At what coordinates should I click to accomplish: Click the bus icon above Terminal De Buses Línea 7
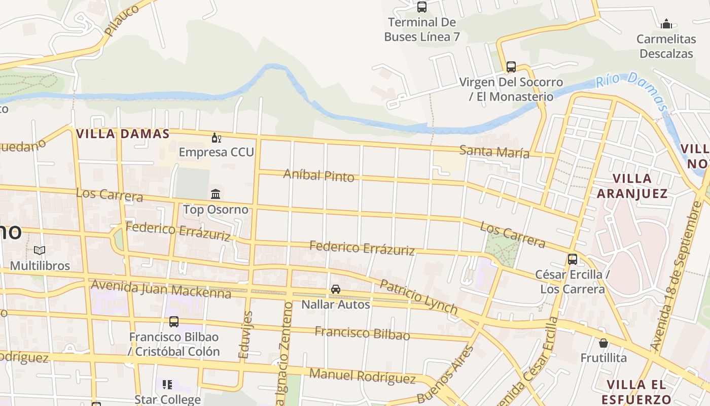click(421, 7)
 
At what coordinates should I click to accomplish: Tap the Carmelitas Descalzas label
click(666, 46)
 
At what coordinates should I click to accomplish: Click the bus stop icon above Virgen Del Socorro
click(511, 67)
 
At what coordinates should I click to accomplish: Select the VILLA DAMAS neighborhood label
click(122, 134)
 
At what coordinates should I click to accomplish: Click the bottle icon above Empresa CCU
click(216, 138)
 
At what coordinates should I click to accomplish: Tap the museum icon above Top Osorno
click(216, 194)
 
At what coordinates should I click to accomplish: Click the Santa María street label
click(494, 151)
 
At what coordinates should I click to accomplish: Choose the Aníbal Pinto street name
click(318, 175)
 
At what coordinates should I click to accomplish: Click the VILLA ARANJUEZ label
click(632, 186)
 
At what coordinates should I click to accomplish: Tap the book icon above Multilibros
click(40, 251)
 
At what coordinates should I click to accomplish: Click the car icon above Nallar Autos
click(335, 289)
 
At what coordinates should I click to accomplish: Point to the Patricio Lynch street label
click(418, 297)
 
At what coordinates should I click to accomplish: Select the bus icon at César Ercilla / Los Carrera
click(572, 259)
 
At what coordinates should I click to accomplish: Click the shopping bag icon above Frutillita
click(603, 343)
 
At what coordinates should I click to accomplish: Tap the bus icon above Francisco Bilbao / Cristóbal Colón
click(173, 321)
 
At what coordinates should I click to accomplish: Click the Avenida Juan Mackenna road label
click(161, 289)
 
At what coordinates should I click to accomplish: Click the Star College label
click(167, 399)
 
